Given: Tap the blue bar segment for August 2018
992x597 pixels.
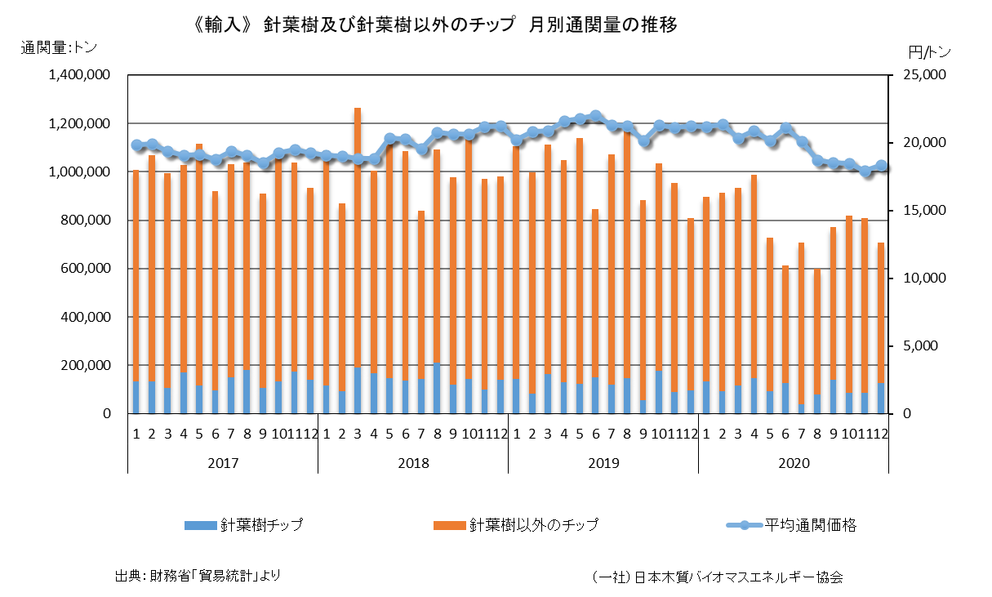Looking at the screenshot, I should pos(437,388).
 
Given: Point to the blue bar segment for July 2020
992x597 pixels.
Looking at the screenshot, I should pos(802,408).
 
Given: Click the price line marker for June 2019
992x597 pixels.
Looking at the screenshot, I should pos(595,116).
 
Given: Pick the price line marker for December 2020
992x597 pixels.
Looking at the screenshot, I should pos(882,166).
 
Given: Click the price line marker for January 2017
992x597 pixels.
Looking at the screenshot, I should pos(136,145).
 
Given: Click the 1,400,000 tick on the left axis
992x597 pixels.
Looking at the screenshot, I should pos(80,75).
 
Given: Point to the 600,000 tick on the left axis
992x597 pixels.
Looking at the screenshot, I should pos(85,269).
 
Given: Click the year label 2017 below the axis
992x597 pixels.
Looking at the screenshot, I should pos(223,463).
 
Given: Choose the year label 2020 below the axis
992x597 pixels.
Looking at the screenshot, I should pos(794,463).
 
